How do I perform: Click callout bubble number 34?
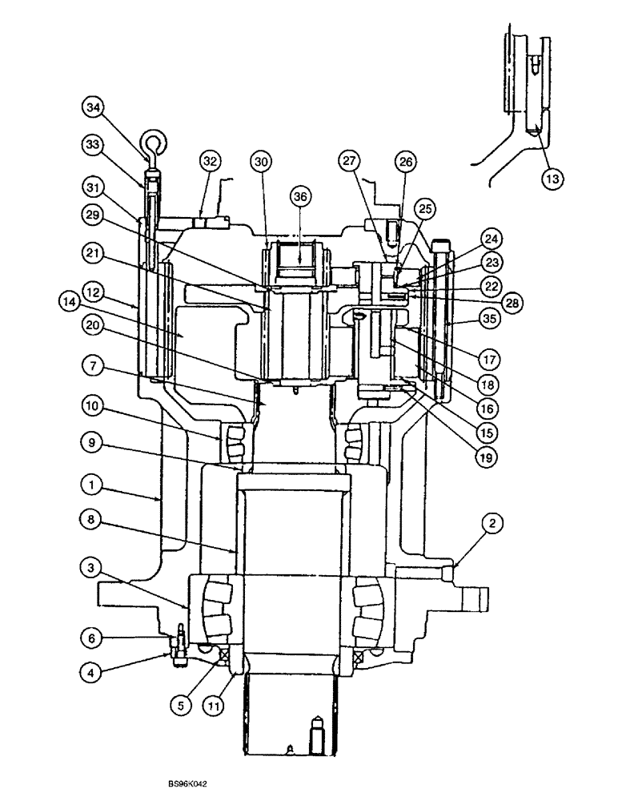pyautogui.click(x=93, y=107)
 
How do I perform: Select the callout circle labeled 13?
pyautogui.click(x=551, y=178)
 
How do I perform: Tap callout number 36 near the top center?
pyautogui.click(x=299, y=197)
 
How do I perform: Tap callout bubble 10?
pyautogui.click(x=93, y=408)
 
